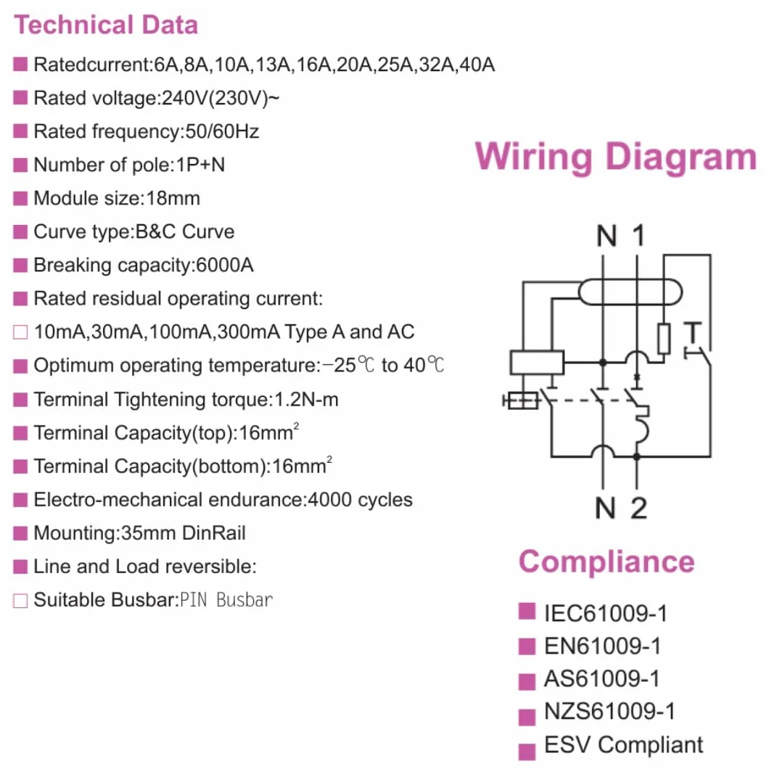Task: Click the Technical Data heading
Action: tap(106, 25)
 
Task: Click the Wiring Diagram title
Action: tap(616, 157)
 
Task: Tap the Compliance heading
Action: tap(606, 562)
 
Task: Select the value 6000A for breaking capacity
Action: tap(225, 265)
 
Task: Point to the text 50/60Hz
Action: tap(222, 131)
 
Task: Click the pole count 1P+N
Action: tap(200, 165)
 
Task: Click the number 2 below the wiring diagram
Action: tap(638, 508)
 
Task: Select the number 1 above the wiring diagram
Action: tap(638, 235)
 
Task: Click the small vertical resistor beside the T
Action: tap(664, 338)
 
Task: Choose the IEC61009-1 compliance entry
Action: tap(606, 614)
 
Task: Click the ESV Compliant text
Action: tap(623, 744)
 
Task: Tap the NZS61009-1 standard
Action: tap(609, 711)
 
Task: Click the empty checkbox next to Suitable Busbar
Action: tap(20, 600)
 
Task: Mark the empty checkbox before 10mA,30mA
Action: tap(20, 332)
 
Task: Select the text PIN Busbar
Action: tap(226, 600)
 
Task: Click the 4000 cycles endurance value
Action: tap(360, 500)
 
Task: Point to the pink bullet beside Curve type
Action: tap(20, 231)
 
